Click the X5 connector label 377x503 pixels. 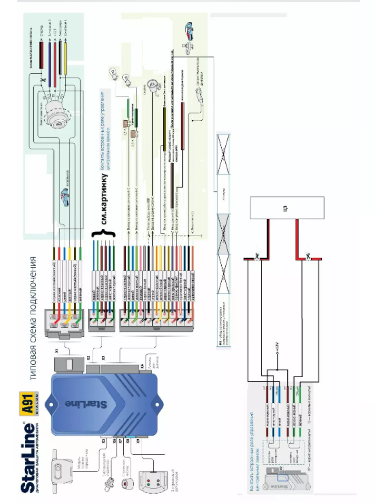tap(103, 441)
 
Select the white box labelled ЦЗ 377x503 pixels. tap(287, 208)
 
